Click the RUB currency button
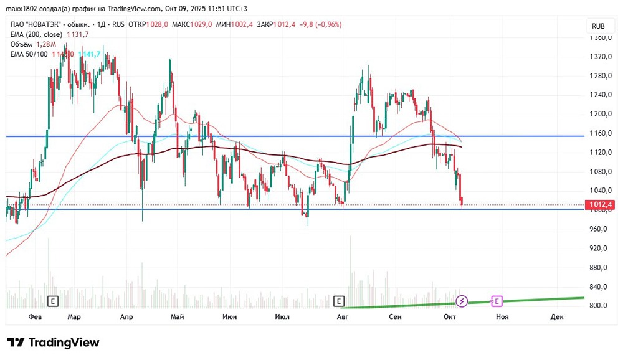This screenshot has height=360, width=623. [x=598, y=26]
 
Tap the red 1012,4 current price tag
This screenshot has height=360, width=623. [x=600, y=204]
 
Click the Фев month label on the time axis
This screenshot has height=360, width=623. [x=36, y=317]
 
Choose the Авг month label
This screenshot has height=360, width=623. [x=341, y=317]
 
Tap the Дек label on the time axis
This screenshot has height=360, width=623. [x=557, y=317]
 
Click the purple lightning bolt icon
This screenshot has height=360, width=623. [x=462, y=301]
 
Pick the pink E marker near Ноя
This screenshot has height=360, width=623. [x=497, y=301]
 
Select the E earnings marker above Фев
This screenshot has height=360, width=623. [x=53, y=301]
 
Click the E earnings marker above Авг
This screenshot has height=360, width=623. [x=339, y=301]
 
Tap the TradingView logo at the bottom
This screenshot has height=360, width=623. [x=54, y=343]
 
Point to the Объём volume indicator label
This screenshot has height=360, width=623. [x=24, y=44]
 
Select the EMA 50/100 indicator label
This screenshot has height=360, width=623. [x=29, y=54]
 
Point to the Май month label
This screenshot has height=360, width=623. [x=177, y=317]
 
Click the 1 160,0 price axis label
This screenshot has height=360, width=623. [x=599, y=133]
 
